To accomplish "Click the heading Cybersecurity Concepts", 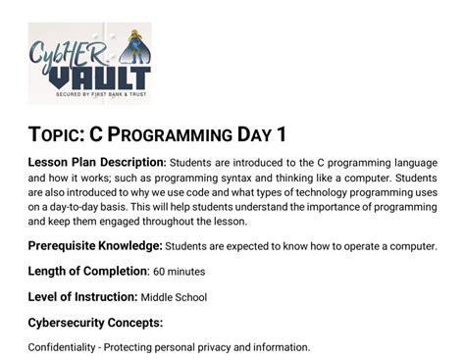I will coord(94,322).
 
